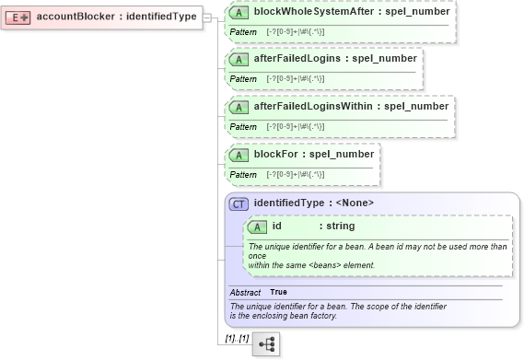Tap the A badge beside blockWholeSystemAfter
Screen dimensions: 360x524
click(x=239, y=12)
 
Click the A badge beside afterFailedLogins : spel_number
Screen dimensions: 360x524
click(x=239, y=58)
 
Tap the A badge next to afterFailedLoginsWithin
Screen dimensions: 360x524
click(x=239, y=107)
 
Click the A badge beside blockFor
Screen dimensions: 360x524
click(x=239, y=154)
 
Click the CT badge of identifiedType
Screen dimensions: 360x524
click(x=239, y=203)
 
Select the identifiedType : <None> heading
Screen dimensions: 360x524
click(x=313, y=203)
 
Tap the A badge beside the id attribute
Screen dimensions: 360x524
click(x=258, y=226)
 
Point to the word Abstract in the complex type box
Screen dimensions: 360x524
click(x=245, y=292)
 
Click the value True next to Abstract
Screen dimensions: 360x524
click(x=278, y=292)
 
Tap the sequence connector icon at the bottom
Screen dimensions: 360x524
click(x=266, y=343)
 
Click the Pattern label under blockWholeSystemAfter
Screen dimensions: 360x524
click(x=243, y=32)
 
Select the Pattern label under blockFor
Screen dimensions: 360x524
click(x=243, y=174)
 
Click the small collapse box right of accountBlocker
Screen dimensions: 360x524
click(x=207, y=17)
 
